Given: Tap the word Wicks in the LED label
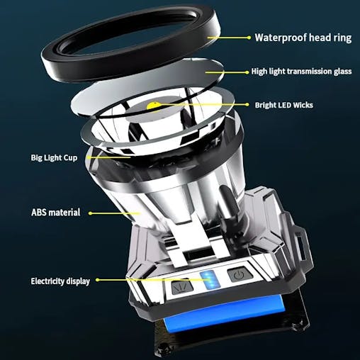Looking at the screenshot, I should click(x=300, y=105).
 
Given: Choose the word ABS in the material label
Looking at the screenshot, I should click(x=40, y=212).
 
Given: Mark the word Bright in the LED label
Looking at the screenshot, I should click(x=266, y=105).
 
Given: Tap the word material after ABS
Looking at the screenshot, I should click(x=67, y=212).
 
